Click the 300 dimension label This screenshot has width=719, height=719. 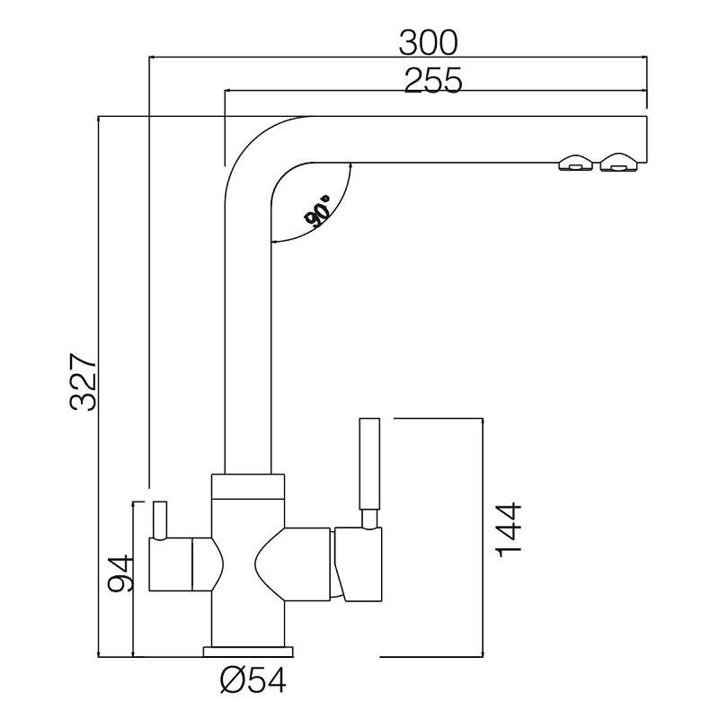(x=429, y=41)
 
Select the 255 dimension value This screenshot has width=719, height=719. (x=432, y=80)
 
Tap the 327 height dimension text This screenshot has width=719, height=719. (x=84, y=381)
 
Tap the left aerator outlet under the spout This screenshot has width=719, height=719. (x=575, y=163)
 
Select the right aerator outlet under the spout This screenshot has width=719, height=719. (x=617, y=163)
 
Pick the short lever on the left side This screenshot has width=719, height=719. (x=159, y=519)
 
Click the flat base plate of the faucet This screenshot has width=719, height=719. (x=249, y=650)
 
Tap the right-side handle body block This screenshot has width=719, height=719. (x=359, y=564)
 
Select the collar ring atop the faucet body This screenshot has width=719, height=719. (x=248, y=485)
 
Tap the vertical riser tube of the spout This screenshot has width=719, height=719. (x=246, y=342)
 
